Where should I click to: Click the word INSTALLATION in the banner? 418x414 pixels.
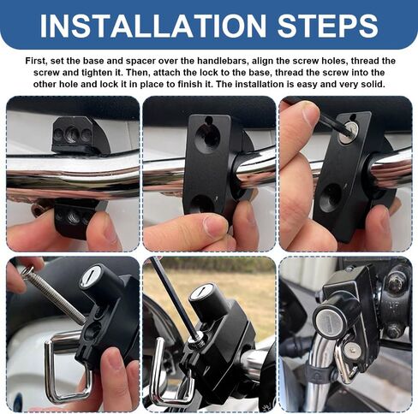tap(153, 26)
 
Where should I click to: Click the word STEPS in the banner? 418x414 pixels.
tap(328, 26)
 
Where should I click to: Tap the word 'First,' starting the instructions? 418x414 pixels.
tap(35, 61)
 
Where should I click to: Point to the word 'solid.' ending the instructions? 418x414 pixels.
tap(372, 85)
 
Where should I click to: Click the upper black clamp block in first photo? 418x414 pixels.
tap(81, 134)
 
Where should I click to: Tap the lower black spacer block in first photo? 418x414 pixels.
tap(75, 217)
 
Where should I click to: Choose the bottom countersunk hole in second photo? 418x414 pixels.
tap(202, 204)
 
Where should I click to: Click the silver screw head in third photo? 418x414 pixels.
tap(347, 133)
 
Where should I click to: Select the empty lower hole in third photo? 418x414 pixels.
tap(331, 198)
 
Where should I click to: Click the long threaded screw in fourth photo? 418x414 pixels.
tap(53, 295)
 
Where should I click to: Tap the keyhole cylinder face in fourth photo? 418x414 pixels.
tap(91, 276)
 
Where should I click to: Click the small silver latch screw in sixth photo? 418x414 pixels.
tap(352, 349)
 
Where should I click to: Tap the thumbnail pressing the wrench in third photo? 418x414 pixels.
tap(311, 114)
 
